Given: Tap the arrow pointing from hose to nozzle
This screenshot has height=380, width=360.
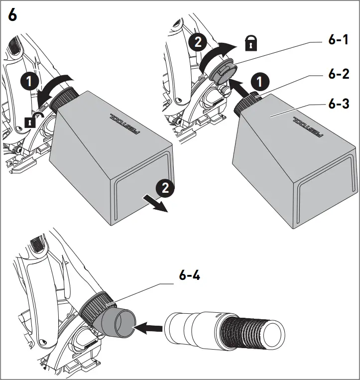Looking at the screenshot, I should coord(150,328).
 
